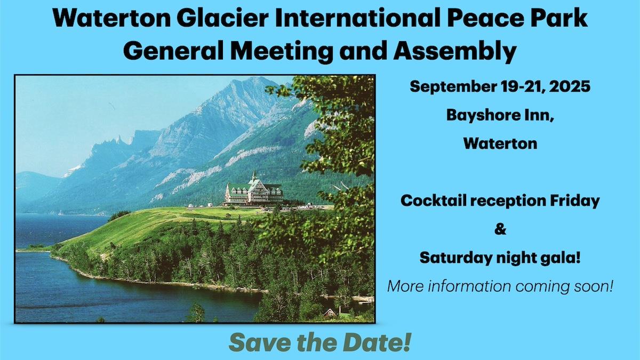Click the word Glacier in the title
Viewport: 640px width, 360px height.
[222, 18]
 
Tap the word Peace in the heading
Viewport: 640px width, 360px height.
[485, 18]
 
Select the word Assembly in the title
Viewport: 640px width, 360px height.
[455, 51]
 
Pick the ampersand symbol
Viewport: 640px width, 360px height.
[500, 229]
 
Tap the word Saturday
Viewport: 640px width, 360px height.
[456, 258]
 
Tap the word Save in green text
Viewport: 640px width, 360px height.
[259, 342]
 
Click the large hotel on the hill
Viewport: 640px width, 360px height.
[254, 192]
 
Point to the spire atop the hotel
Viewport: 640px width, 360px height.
[253, 175]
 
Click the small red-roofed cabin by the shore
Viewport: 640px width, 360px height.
[330, 313]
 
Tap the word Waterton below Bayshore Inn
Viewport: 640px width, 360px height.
[500, 143]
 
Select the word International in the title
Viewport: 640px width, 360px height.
[358, 18]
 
